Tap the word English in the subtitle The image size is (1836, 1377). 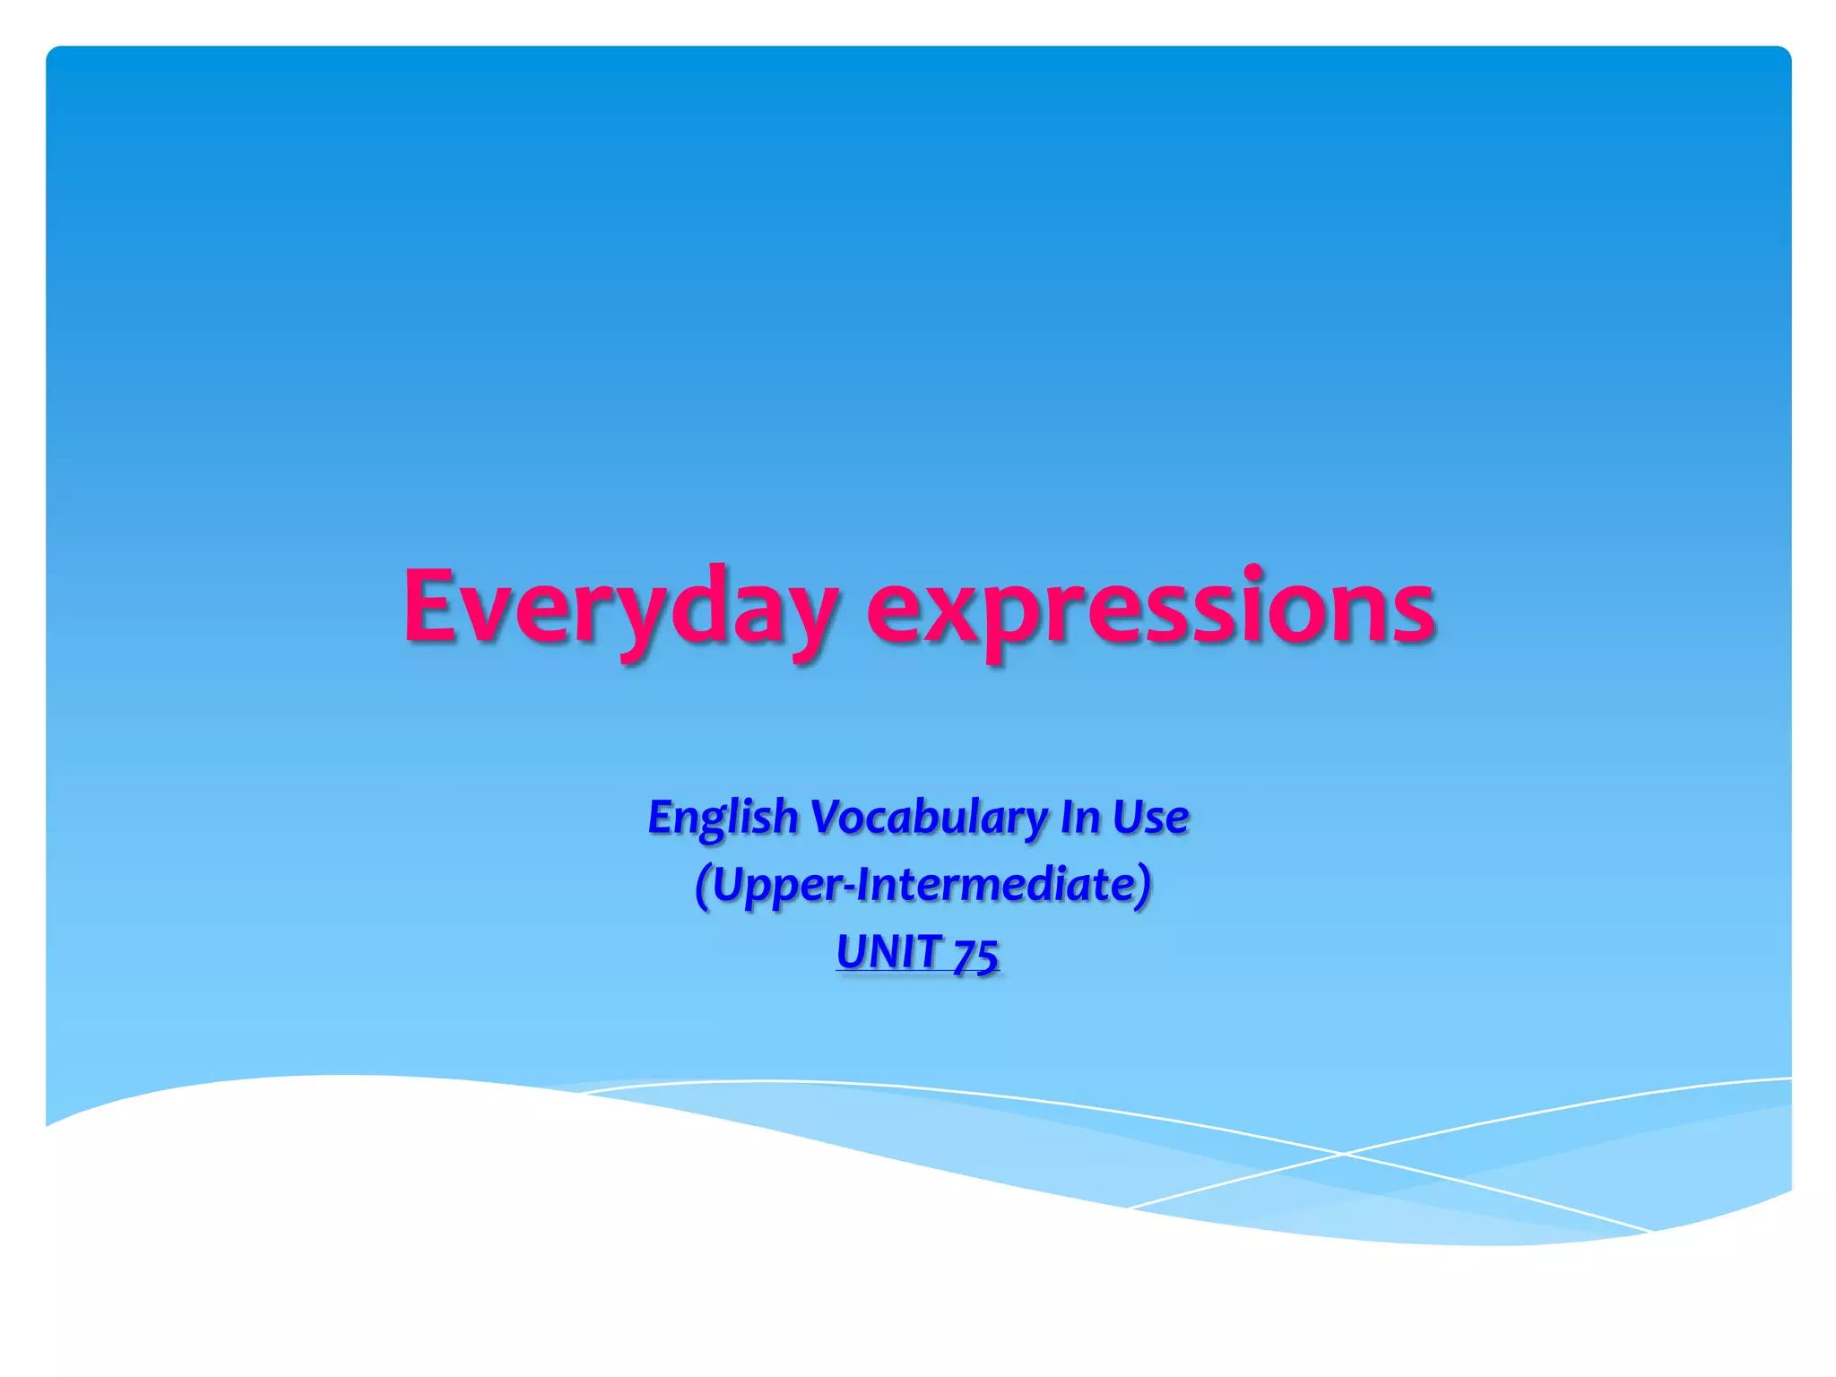coord(723,818)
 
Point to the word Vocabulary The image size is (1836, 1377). coord(929,818)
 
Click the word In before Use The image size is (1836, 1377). coord(1079,816)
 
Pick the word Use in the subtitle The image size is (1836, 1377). coord(1150,816)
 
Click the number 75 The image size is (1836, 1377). coord(975,953)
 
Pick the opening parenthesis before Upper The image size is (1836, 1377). coord(703,886)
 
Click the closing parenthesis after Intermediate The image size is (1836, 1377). coord(1143,886)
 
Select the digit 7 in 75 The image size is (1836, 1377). coord(964,953)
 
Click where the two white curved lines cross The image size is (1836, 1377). coord(1342,1154)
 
